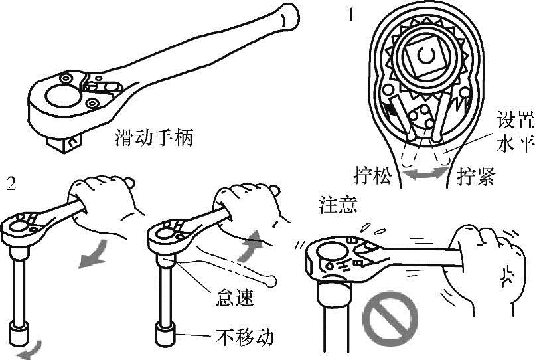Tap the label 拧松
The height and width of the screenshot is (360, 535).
click(373, 176)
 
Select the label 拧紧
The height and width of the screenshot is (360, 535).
click(477, 176)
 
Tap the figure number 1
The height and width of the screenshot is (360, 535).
click(350, 15)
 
